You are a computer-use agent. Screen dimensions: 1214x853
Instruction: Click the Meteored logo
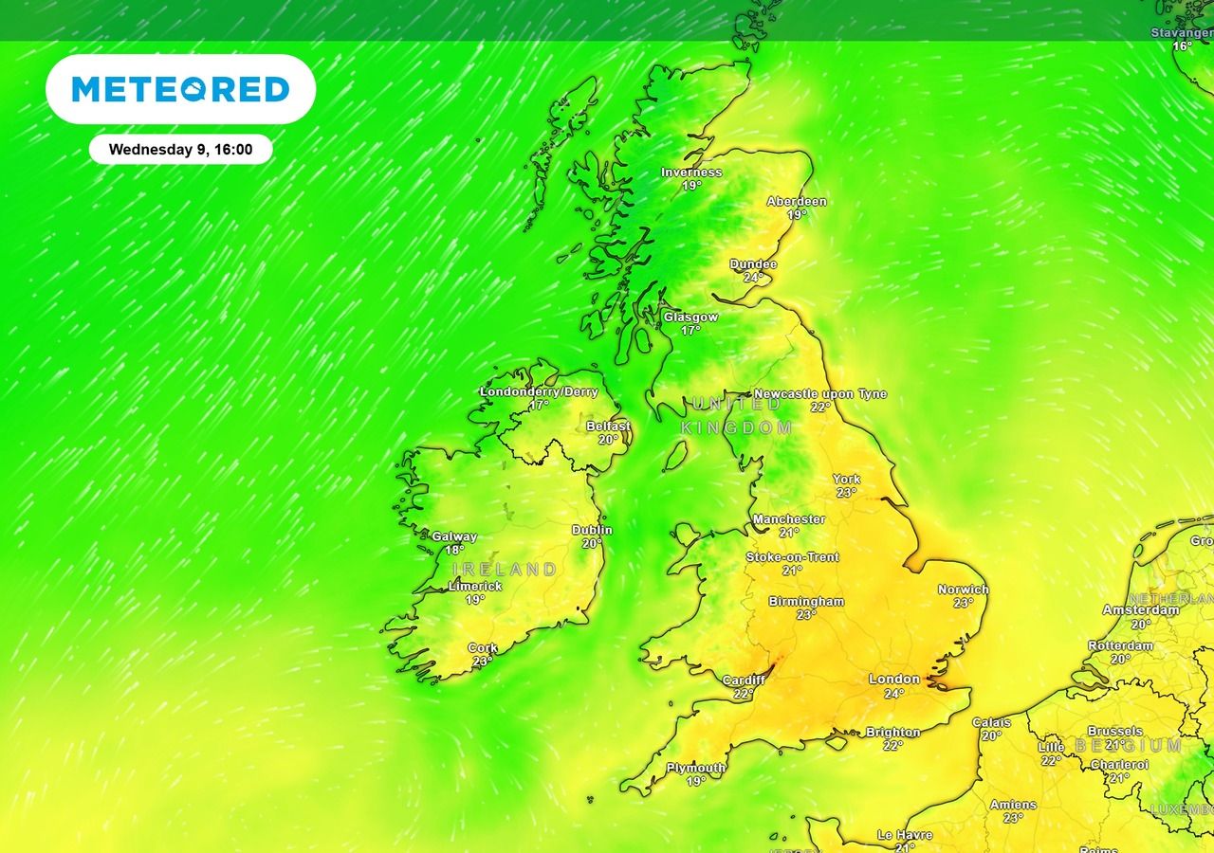pos(180,89)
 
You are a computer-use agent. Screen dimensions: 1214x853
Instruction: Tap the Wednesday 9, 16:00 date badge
pos(180,150)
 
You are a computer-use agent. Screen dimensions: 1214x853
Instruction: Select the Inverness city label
pos(691,172)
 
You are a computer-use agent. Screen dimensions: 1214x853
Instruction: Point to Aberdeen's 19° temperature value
pos(796,215)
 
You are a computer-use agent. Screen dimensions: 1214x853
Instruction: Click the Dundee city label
pos(753,264)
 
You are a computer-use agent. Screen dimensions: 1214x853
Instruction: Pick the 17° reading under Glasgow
pos(690,331)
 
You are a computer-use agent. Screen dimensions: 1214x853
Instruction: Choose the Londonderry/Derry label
pos(539,391)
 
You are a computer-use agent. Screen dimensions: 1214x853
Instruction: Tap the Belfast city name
pos(608,426)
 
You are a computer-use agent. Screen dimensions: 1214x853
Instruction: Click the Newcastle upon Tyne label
pos(820,393)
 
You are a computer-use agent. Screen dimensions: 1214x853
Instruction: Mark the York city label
pos(846,480)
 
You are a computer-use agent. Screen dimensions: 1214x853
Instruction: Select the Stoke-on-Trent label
pos(792,557)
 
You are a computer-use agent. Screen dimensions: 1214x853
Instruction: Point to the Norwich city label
pos(963,590)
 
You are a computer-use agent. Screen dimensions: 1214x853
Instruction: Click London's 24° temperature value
pos(893,693)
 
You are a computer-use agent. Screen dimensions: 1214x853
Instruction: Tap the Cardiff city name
pos(743,681)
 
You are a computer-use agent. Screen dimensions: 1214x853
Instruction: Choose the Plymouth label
pos(696,768)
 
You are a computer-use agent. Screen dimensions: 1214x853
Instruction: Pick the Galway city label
pos(454,536)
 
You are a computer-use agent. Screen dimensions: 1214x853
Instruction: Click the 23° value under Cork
pos(483,662)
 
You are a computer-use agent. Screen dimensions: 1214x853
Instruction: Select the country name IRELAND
pos(505,570)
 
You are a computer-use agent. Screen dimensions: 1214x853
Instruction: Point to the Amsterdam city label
pos(1140,610)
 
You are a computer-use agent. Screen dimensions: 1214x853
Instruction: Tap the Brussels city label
pos(1114,732)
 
